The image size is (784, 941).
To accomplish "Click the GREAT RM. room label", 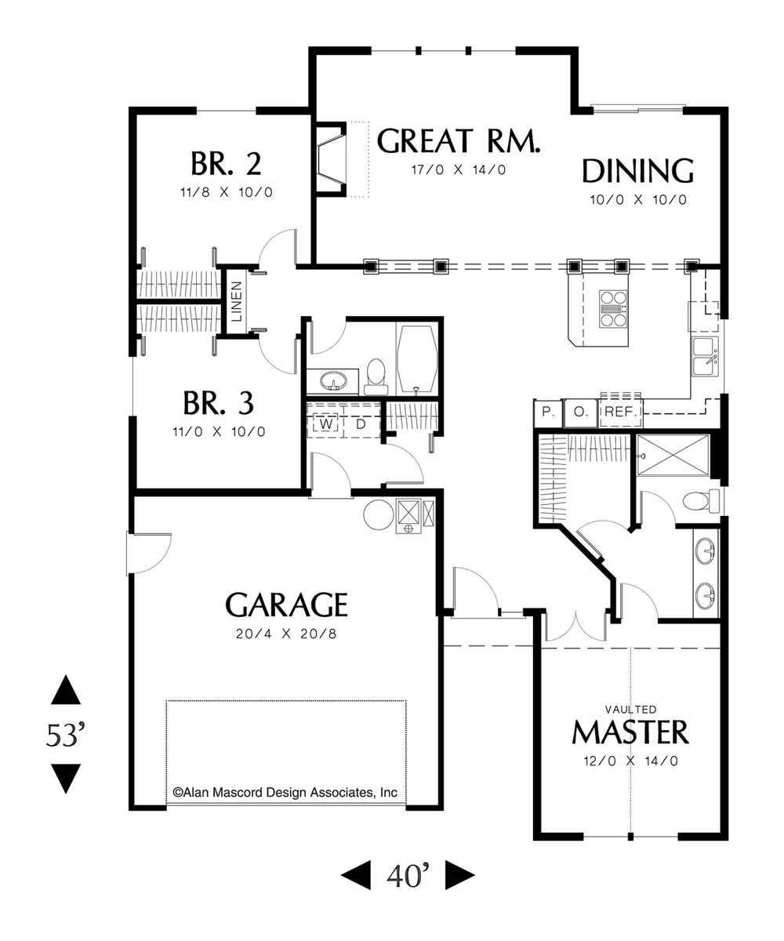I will (x=459, y=142).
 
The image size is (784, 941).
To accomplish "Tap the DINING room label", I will (x=637, y=171).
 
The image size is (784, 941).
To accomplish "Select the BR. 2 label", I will (x=225, y=165).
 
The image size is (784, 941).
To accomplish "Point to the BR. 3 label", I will (x=218, y=404).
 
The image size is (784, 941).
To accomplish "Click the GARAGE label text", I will (x=286, y=605).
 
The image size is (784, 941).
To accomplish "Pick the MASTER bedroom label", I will (x=630, y=732).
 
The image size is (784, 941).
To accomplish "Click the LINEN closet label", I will (x=236, y=302).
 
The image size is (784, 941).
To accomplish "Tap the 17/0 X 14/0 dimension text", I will (x=459, y=170).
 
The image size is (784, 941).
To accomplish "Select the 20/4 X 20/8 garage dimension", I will (x=286, y=634).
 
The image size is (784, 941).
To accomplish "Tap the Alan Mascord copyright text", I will (x=285, y=793).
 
